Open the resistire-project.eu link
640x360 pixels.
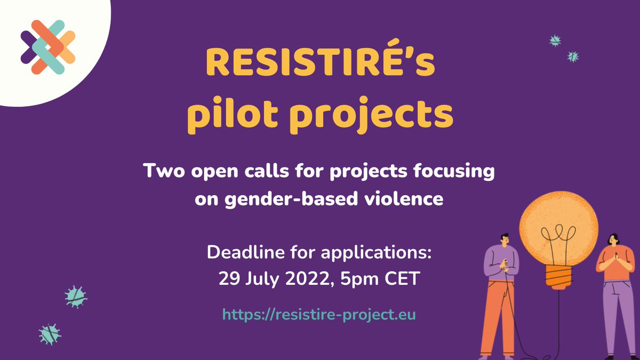click(319, 314)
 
